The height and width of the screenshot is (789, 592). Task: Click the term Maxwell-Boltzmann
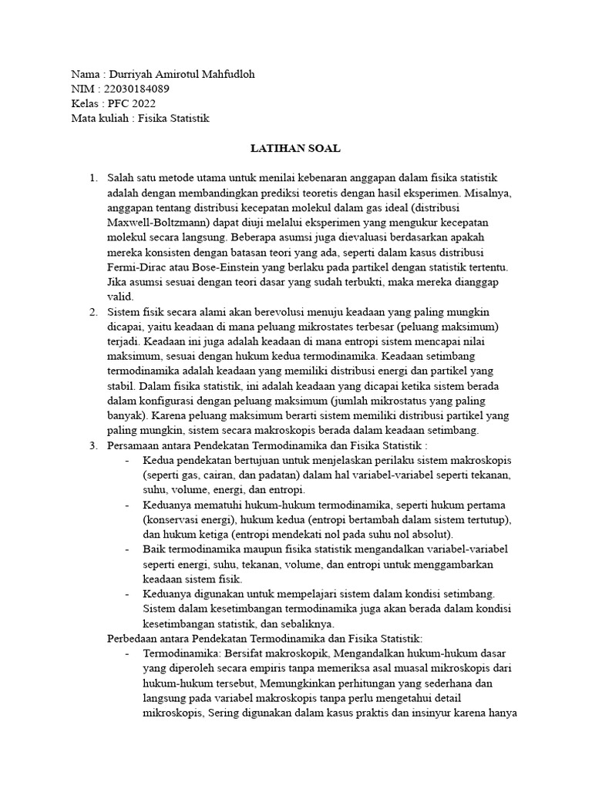coord(155,223)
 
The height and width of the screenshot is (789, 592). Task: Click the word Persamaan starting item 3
coord(134,445)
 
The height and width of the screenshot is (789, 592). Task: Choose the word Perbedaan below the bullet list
coord(131,638)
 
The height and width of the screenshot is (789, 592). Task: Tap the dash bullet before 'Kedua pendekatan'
coord(126,460)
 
